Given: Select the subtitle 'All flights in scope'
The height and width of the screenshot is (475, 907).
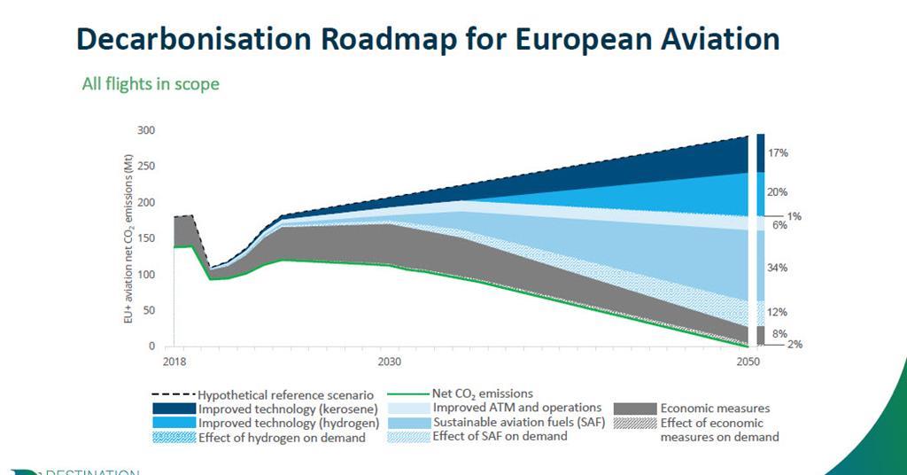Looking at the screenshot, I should pos(150,84).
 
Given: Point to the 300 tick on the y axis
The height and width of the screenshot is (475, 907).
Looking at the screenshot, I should pos(146,130).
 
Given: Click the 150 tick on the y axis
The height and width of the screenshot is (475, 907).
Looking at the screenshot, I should pos(146,238).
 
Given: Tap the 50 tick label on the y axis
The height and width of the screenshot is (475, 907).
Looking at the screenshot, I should pos(149,310).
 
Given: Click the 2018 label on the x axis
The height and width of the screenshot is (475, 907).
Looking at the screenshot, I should pos(174,362).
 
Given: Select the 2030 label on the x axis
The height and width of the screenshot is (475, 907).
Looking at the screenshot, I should pos(389,362).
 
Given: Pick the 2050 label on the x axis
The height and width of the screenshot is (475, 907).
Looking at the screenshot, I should pos(748,362).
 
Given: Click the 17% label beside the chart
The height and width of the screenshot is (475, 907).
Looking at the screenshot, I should pos(778,153).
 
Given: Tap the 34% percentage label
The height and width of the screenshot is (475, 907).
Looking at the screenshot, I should pos(778,268).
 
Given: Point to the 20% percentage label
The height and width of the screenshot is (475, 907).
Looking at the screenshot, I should pos(778,192).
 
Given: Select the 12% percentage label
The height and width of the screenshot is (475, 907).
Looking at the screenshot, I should pos(778,312).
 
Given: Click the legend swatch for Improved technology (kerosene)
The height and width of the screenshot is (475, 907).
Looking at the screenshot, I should pos(174,409).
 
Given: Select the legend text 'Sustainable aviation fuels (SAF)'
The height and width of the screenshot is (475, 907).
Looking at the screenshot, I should pos(518,422).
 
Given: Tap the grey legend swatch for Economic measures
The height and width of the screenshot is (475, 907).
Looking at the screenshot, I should pos(634,409).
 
